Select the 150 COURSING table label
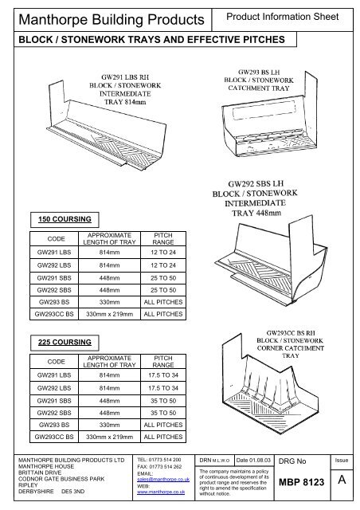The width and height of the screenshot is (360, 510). (x=61, y=217)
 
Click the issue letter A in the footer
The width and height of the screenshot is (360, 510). (x=341, y=483)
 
